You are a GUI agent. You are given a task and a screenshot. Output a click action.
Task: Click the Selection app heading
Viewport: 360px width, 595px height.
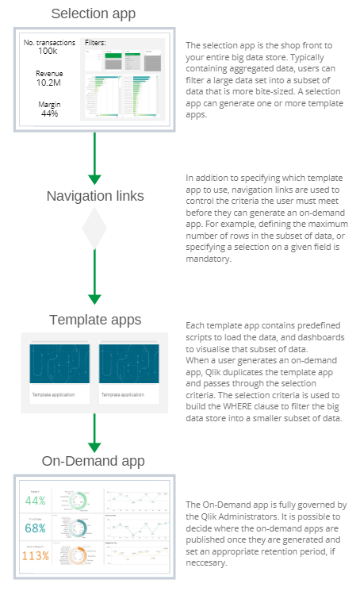[94, 13]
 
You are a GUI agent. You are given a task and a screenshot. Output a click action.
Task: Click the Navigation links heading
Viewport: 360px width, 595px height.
[94, 196]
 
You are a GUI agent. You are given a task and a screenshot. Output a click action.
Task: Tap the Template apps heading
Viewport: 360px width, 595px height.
[95, 320]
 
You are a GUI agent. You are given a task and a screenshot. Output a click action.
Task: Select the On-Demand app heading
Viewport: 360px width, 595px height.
[94, 462]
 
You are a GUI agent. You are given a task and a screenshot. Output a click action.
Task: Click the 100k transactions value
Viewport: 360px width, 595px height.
[48, 51]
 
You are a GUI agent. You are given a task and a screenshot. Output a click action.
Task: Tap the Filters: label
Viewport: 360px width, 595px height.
[95, 42]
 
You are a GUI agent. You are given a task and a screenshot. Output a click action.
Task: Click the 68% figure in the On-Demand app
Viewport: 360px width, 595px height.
[35, 528]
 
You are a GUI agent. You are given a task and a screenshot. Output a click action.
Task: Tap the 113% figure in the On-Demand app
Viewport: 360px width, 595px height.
[35, 555]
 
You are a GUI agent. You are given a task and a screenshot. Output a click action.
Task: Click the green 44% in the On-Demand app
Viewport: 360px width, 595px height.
[35, 501]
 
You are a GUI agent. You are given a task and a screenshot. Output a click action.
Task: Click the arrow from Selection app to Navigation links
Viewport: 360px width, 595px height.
[94, 159]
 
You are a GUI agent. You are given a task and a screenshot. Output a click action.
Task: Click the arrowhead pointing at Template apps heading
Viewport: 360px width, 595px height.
[94, 299]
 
